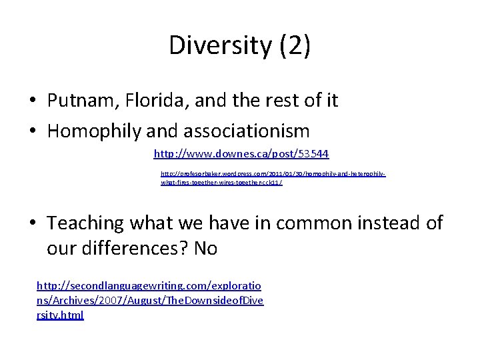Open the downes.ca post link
(241, 154)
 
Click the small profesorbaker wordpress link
(273, 177)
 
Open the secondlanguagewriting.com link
(149, 300)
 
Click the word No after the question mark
(206, 249)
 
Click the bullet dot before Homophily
(32, 131)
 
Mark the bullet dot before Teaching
(32, 223)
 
